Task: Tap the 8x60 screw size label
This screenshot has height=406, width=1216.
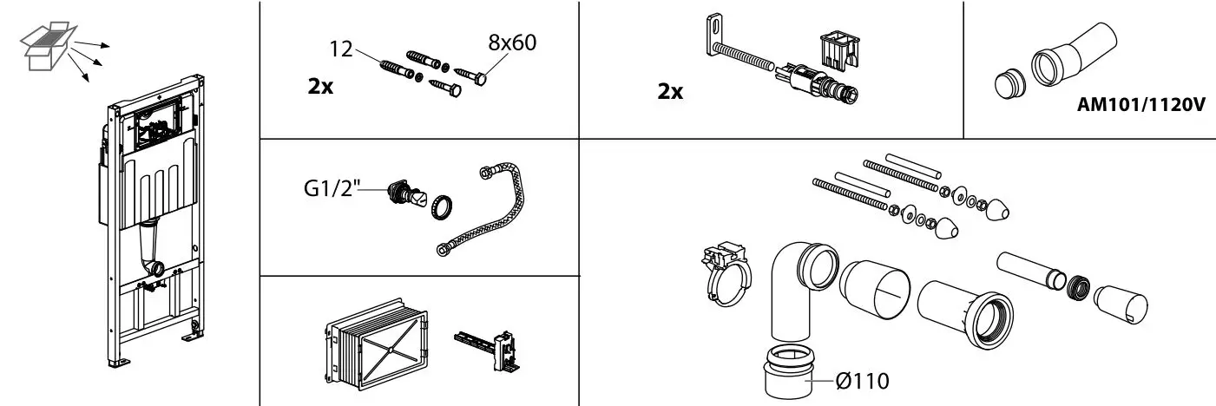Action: coord(512,43)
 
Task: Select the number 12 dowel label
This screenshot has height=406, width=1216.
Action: coord(341,49)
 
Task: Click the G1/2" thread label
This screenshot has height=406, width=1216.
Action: coord(332,189)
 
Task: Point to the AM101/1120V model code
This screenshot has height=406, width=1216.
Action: coord(1141,104)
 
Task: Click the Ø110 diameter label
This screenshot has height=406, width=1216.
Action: coord(862,381)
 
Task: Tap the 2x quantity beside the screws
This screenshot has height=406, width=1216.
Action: coord(320,86)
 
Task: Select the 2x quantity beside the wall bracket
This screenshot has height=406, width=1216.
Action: coord(670,91)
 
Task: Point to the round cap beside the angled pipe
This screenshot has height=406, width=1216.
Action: coord(1010,85)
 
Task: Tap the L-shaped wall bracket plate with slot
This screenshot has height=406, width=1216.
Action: coord(715,36)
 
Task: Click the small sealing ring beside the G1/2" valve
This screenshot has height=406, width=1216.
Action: coord(441,206)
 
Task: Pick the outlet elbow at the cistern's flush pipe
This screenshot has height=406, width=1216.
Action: coord(154,266)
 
